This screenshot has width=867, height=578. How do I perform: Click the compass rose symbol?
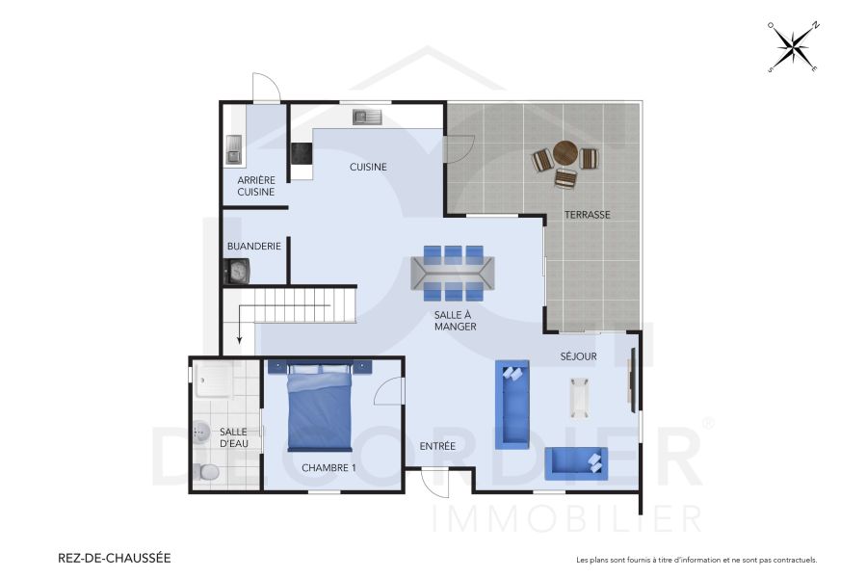[793, 46]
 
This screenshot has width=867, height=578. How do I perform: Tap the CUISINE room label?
[368, 167]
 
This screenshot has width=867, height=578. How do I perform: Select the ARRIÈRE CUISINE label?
[256, 185]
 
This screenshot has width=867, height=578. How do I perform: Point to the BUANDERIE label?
[254, 246]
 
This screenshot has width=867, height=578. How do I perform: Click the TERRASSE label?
[587, 214]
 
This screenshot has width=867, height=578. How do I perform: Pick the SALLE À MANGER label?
[455, 321]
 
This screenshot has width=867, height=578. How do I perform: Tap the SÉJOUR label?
[579, 356]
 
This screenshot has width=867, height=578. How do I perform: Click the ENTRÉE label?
[437, 445]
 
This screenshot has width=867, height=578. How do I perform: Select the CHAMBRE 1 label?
[328, 467]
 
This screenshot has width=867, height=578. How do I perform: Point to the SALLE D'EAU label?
[234, 437]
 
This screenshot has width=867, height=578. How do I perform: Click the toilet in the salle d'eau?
[203, 472]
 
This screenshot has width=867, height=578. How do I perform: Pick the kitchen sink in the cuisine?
[367, 117]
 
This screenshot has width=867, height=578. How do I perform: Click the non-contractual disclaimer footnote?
[696, 559]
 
